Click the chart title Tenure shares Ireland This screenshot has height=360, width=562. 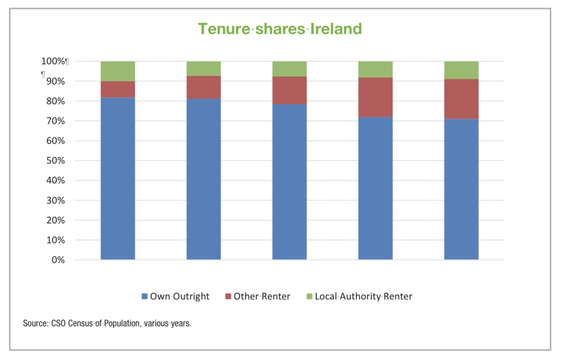pos(280,29)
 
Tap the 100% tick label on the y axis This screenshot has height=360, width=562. pos(53,61)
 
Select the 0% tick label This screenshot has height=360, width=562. pos(57,260)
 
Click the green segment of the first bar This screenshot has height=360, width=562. pos(118,71)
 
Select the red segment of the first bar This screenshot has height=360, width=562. pos(118,89)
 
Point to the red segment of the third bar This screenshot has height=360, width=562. pos(290,90)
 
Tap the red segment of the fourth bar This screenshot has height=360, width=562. pos(375,97)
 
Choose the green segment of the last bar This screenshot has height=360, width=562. pos(462,70)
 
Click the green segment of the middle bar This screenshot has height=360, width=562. pos(290,69)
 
